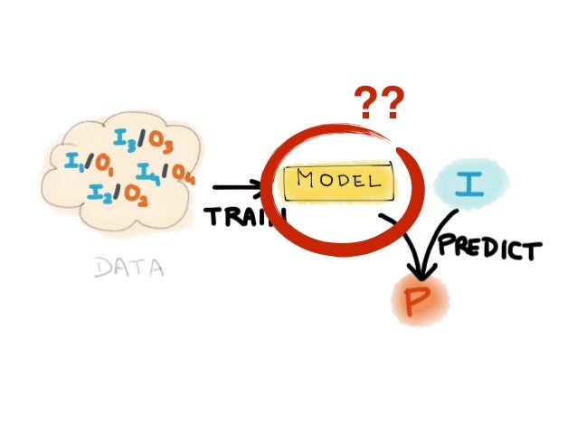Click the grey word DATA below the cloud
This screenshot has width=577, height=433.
click(130, 268)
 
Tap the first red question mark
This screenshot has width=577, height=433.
click(364, 105)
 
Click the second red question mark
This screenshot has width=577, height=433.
click(391, 105)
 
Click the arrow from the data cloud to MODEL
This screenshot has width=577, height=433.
click(237, 189)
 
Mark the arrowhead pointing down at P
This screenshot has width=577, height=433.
click(418, 269)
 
